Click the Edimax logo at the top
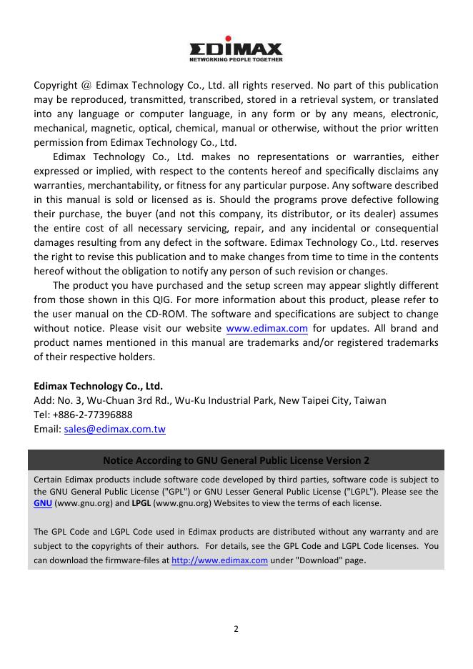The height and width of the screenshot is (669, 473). [236, 50]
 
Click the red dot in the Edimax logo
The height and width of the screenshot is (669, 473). [229, 39]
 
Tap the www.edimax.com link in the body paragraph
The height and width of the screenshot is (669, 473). [267, 329]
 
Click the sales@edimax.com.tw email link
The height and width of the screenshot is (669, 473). [114, 430]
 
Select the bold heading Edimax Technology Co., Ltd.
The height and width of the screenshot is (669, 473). [99, 386]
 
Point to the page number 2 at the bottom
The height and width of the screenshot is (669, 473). [236, 629]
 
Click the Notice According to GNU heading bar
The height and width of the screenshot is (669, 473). [236, 460]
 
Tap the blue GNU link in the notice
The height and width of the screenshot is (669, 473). [43, 503]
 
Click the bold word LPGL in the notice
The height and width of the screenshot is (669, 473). [141, 503]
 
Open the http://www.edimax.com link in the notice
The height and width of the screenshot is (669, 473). [219, 561]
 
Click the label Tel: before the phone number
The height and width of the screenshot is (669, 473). [41, 415]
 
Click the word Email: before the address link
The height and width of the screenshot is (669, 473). [47, 430]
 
